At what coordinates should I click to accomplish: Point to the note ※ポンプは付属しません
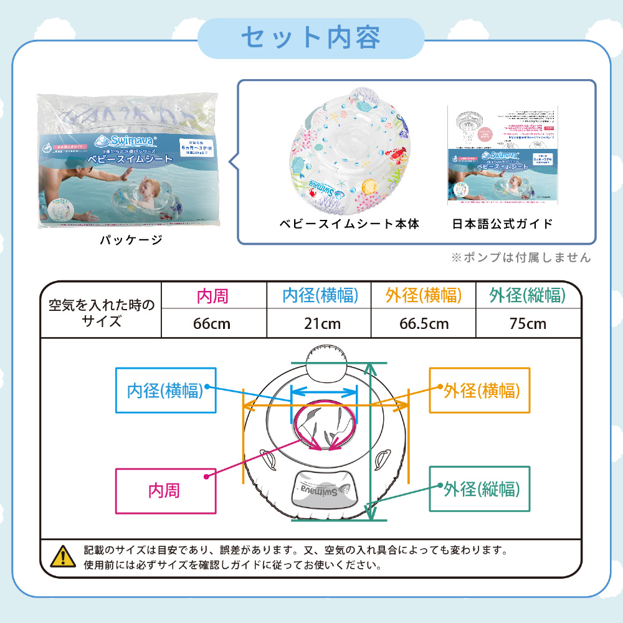tap(520, 257)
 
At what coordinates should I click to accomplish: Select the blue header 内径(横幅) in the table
tap(320, 296)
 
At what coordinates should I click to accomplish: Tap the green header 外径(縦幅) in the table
tap(528, 296)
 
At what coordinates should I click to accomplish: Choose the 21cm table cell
tap(320, 323)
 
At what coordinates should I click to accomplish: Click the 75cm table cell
tap(528, 323)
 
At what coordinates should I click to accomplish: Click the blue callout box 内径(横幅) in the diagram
tap(166, 391)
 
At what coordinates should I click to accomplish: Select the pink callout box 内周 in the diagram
tap(165, 490)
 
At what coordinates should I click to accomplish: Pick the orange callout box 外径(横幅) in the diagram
tap(480, 391)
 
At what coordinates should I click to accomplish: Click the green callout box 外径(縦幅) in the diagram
tap(480, 489)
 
